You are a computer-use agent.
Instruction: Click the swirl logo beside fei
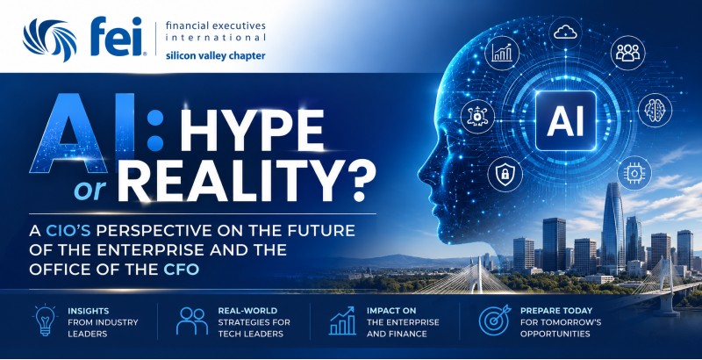[50, 39]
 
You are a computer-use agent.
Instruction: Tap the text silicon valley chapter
[215, 56]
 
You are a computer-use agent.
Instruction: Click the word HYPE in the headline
[253, 130]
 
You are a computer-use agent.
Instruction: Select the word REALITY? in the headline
[246, 182]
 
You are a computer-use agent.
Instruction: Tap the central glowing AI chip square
[565, 121]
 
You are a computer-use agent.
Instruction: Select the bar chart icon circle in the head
[501, 53]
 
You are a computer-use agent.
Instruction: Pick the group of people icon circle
[627, 53]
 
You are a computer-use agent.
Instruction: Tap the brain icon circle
[655, 110]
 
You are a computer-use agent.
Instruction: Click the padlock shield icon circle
[505, 175]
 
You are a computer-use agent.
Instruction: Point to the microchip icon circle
[634, 173]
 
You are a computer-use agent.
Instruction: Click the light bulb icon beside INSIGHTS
[45, 320]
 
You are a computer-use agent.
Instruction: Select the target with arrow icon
[494, 320]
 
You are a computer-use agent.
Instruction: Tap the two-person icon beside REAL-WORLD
[191, 320]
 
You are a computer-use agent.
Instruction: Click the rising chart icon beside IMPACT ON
[342, 320]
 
